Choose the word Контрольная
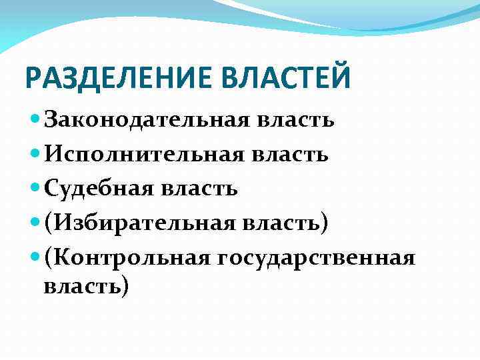point(127,257)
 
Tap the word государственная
point(315,257)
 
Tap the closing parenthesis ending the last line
point(124,287)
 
